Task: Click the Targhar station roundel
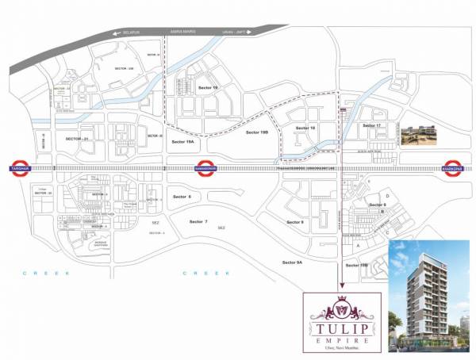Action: point(17,168)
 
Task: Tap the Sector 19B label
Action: point(258,132)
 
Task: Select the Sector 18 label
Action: point(305,128)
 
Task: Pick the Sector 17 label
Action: point(371,126)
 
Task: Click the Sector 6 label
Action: point(182,196)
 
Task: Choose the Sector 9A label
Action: point(292,262)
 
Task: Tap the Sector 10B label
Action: point(358,266)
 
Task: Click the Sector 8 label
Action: point(378,205)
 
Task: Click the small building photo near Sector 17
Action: point(419,136)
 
